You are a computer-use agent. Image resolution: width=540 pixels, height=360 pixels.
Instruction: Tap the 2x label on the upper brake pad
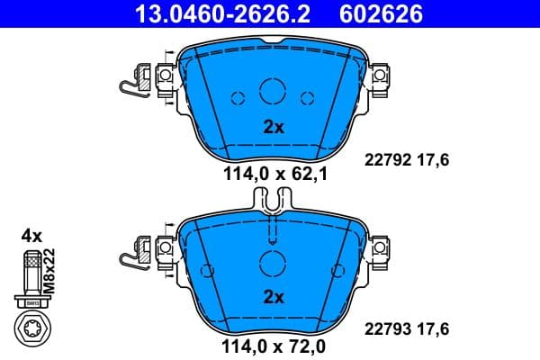pyautogui.click(x=273, y=127)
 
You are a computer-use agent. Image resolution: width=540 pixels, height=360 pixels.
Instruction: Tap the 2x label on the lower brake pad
pyautogui.click(x=273, y=296)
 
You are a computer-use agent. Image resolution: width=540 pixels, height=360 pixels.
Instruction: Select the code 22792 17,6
pyautogui.click(x=405, y=159)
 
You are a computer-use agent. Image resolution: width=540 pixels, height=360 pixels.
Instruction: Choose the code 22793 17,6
pyautogui.click(x=405, y=328)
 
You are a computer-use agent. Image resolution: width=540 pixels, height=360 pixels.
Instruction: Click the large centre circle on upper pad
pyautogui.click(x=272, y=91)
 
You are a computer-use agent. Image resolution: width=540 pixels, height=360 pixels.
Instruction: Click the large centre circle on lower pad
pyautogui.click(x=272, y=264)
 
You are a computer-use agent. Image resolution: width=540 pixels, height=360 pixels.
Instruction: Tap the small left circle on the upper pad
pyautogui.click(x=238, y=99)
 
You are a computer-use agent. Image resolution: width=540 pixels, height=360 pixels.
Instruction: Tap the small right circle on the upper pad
pyautogui.click(x=307, y=99)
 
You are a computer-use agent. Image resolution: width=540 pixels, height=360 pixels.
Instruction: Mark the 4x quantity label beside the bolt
pyautogui.click(x=31, y=236)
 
